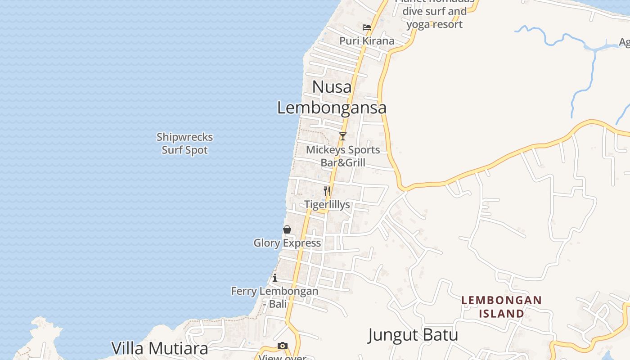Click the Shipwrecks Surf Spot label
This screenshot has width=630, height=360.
click(x=184, y=144)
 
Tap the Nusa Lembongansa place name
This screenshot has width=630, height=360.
click(x=332, y=97)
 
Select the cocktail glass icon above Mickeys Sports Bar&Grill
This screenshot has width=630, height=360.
click(x=343, y=136)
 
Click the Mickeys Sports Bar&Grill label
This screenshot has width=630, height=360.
click(x=343, y=156)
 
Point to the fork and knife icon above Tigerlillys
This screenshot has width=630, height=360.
click(x=327, y=191)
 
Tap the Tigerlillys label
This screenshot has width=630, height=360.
click(x=327, y=205)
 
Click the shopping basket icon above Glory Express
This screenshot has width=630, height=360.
click(x=287, y=229)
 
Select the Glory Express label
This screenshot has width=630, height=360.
click(x=287, y=243)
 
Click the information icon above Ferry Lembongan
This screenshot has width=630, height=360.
click(x=275, y=278)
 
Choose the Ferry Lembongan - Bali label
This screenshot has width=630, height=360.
click(x=274, y=297)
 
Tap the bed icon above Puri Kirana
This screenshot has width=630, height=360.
click(x=367, y=27)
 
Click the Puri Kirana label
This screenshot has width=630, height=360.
click(x=367, y=41)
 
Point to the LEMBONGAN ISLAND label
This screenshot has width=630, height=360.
click(x=501, y=306)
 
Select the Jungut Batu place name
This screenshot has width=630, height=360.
click(x=413, y=335)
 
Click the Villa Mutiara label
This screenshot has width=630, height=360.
click(x=160, y=348)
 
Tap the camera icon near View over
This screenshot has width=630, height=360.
click(x=283, y=346)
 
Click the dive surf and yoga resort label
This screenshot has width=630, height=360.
click(x=434, y=17)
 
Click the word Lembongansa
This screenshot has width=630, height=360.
click(x=332, y=108)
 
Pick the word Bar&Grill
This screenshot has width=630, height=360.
click(x=343, y=163)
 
